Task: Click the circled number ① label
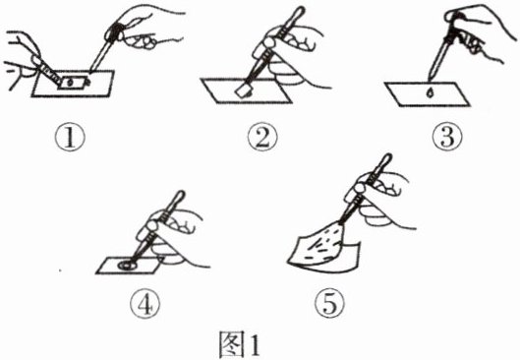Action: pos(70,138)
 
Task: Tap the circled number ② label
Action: pos(262,138)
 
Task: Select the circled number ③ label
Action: pos(447,138)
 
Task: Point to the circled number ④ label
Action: pos(144,305)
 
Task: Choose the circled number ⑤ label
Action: pos(329,305)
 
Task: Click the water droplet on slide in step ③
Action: pos(431,93)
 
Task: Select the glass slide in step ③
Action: pos(428,94)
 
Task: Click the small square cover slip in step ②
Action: pos(245,90)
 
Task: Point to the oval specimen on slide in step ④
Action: pos(128,266)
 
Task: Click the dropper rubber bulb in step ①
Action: pos(114,32)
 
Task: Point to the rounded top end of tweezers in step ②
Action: pos(299,12)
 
